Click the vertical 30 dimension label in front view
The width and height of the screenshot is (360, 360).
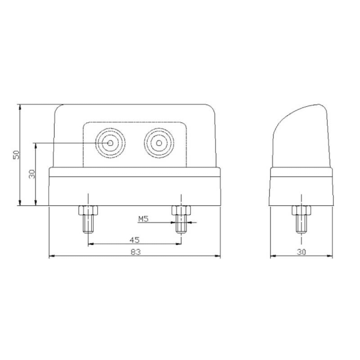(x=32, y=174)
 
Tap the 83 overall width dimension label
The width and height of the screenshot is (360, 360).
(x=135, y=253)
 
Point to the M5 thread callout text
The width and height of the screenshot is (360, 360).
(x=143, y=219)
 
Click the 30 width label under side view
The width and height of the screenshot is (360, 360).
(x=300, y=253)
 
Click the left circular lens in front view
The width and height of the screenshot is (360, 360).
(x=110, y=144)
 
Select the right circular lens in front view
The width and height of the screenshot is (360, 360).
(x=159, y=144)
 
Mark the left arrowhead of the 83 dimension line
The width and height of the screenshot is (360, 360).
(x=50, y=257)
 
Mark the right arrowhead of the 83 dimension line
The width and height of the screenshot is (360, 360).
(x=218, y=257)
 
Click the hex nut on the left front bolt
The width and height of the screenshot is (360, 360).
(x=88, y=211)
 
